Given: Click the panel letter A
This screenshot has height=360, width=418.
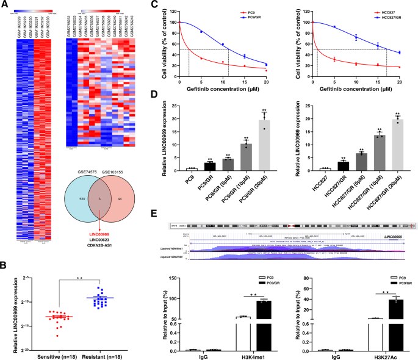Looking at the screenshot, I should tap(5, 5).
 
